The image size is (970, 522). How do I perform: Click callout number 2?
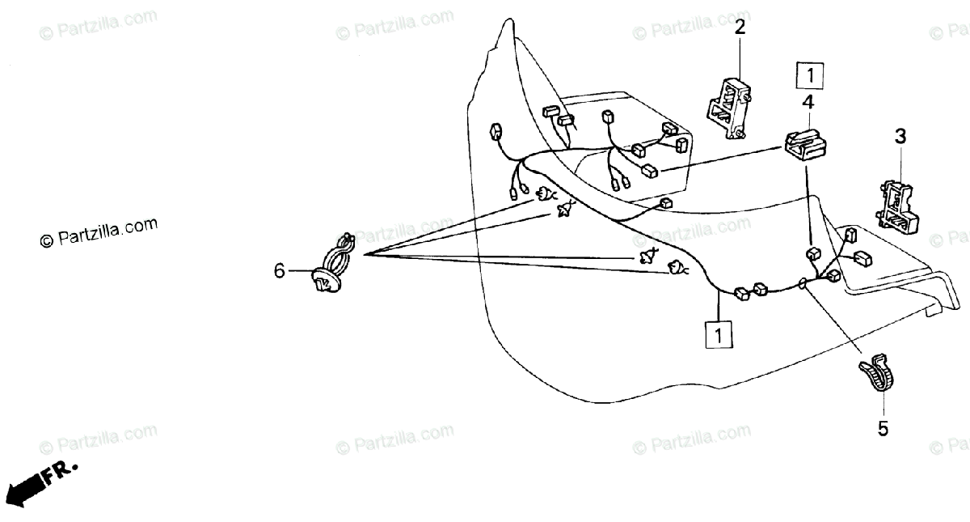pyautogui.click(x=740, y=28)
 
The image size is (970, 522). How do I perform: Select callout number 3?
pyautogui.click(x=900, y=137)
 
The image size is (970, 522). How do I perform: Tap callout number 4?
pyautogui.click(x=808, y=103)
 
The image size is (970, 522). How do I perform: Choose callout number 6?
pyautogui.click(x=279, y=271)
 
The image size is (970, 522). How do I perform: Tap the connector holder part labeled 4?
pyautogui.click(x=805, y=146)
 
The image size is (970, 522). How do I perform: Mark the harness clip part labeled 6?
pyautogui.click(x=332, y=266)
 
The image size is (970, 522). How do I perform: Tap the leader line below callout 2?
pyautogui.click(x=740, y=57)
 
